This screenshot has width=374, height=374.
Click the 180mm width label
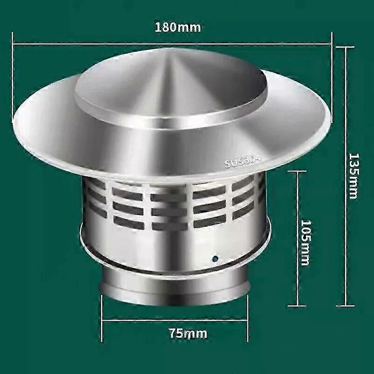tap(178, 27)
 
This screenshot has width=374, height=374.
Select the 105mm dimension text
tap(304, 243)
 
